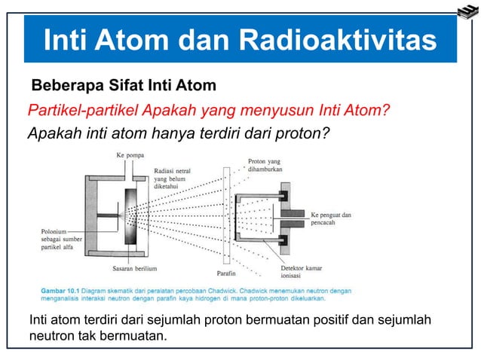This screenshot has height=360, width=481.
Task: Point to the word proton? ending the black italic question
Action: point(299,135)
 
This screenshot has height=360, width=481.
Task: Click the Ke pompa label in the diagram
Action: point(130,156)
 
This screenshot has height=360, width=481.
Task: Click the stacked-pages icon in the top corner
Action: point(467,10)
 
